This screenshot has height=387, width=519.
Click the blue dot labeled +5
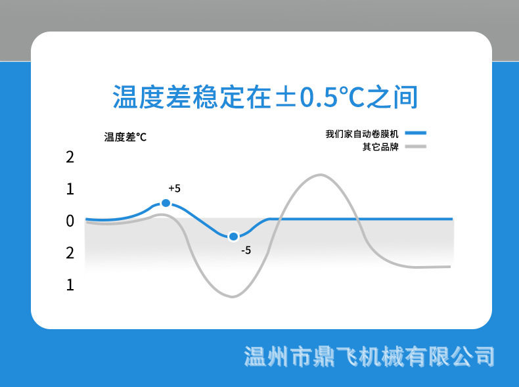[166, 204]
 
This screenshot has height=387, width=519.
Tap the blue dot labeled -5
[233, 237]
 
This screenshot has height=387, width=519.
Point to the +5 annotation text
[174, 189]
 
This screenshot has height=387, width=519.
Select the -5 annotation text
[246, 250]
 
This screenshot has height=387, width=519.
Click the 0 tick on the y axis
[70, 221]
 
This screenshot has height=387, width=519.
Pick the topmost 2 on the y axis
[70, 157]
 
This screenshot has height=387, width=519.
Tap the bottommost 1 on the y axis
[70, 285]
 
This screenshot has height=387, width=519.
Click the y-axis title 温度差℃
[125, 137]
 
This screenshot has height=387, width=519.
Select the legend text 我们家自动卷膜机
[363, 134]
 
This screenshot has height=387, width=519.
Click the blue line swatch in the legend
[416, 134]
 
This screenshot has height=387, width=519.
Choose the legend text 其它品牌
[380, 146]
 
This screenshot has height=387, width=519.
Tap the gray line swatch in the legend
[416, 146]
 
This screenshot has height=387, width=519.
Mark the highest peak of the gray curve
[320, 175]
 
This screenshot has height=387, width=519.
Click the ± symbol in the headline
[284, 98]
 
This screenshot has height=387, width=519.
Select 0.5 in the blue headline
[319, 98]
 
